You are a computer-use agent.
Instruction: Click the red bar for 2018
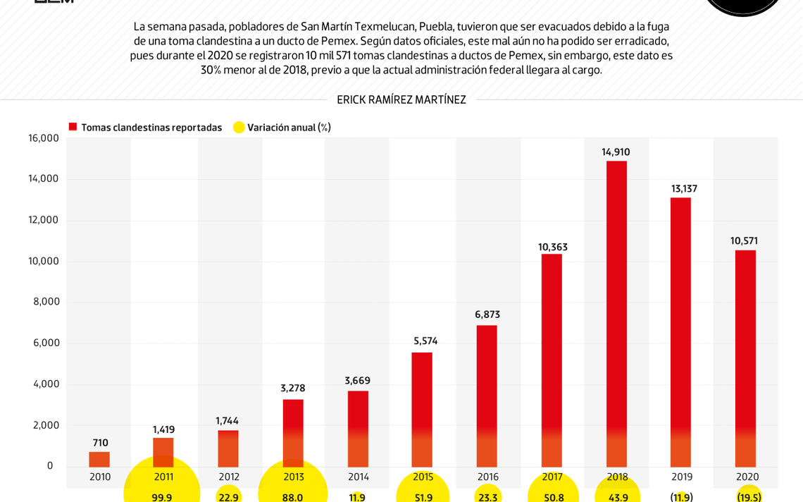(616, 314)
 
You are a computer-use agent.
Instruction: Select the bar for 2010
(99, 460)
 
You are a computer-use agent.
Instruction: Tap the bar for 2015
(422, 410)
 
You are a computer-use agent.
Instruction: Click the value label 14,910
(616, 152)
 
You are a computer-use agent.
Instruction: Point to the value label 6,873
(487, 314)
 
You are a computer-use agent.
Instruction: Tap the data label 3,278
(293, 388)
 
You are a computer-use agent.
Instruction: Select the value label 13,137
(684, 188)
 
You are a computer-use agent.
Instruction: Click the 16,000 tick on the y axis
(44, 138)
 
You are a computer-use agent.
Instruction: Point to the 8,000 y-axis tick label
(46, 302)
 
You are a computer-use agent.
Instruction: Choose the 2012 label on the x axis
(229, 477)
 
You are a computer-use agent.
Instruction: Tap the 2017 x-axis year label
(552, 477)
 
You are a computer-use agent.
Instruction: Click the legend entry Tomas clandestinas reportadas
(151, 128)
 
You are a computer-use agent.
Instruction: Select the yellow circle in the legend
(239, 128)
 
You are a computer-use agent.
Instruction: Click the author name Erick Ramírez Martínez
(401, 100)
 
